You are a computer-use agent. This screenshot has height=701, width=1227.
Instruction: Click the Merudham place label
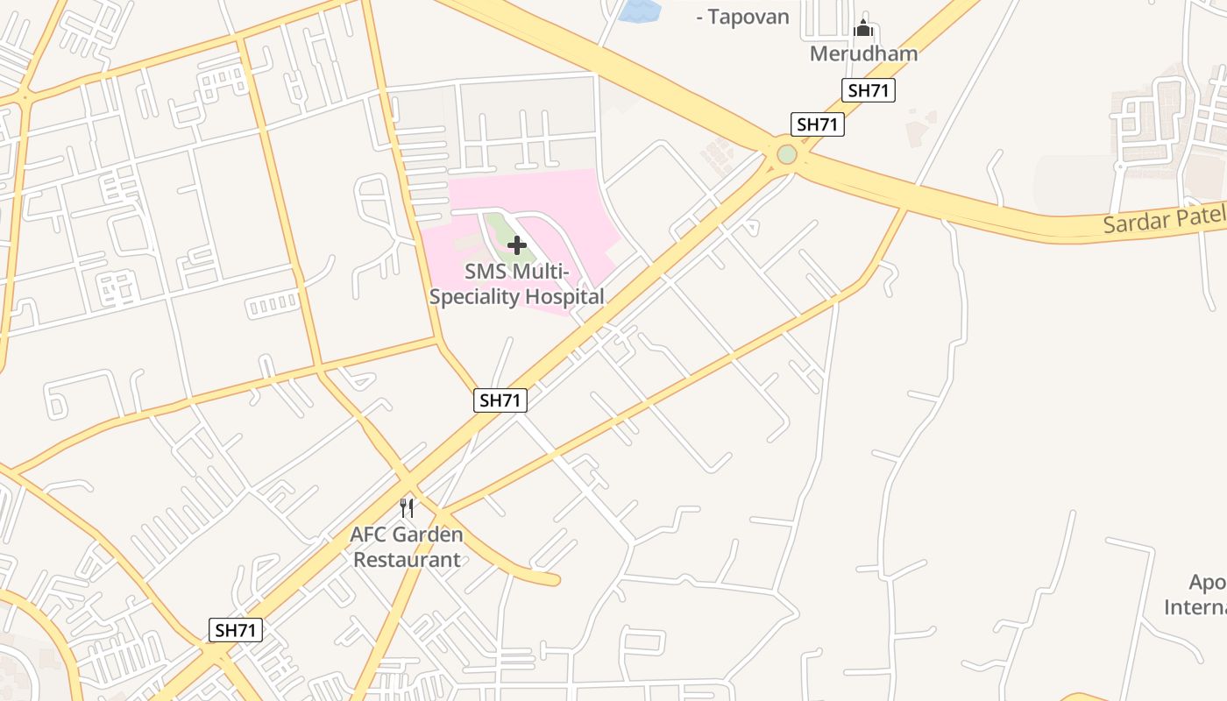pos(863,53)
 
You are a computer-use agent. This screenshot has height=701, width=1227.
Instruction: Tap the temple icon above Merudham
pos(863,29)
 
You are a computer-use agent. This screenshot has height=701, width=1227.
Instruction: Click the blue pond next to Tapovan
pos(640,11)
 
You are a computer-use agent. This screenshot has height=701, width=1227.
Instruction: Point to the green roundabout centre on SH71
pos(787,154)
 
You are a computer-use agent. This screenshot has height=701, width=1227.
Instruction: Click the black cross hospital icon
pos(517,245)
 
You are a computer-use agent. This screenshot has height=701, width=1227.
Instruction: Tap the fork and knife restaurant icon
pos(407,507)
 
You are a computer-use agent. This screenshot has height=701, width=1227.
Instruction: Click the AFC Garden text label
pos(407,534)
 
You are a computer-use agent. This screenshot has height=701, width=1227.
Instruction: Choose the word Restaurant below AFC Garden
pos(407,559)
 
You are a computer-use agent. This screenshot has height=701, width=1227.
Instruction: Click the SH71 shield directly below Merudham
pos(869,89)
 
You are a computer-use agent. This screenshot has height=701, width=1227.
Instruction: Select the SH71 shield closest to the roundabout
pos(817,124)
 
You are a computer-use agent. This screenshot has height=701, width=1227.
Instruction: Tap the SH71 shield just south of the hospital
pos(500,400)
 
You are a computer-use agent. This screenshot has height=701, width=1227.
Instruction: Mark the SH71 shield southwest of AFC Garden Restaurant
pos(236,629)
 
